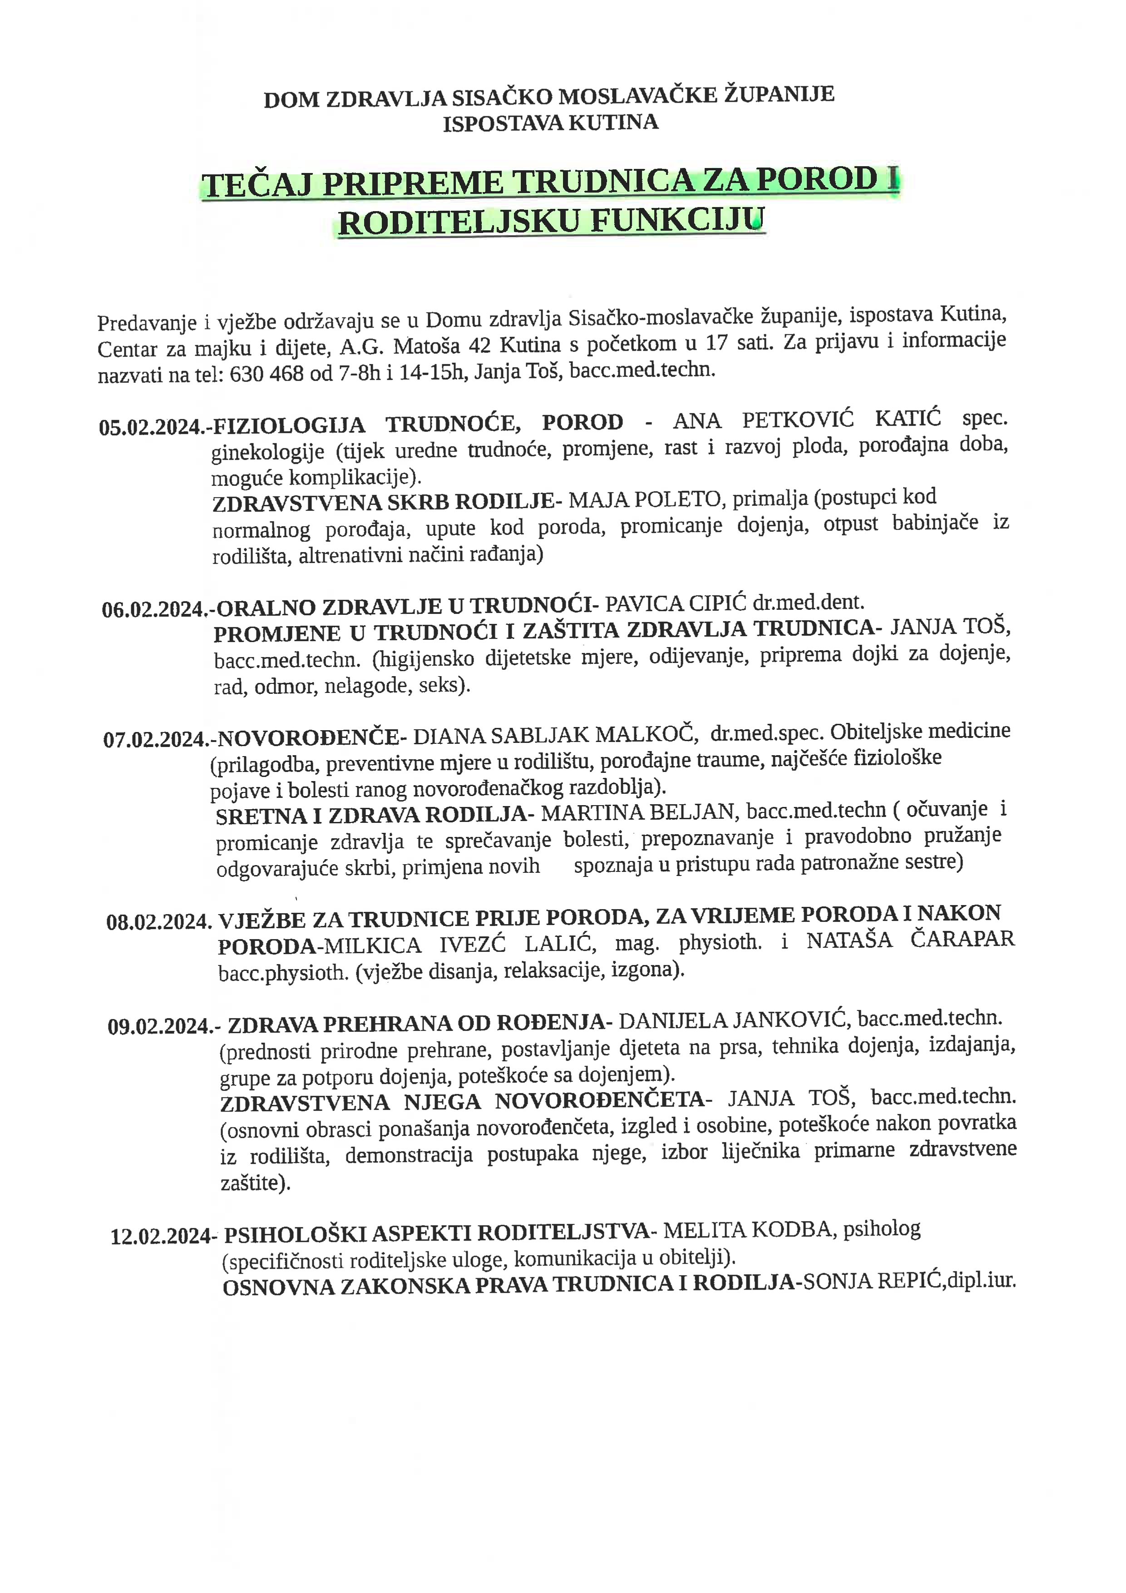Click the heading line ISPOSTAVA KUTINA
pos(550,124)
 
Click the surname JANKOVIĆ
pos(791,1020)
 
